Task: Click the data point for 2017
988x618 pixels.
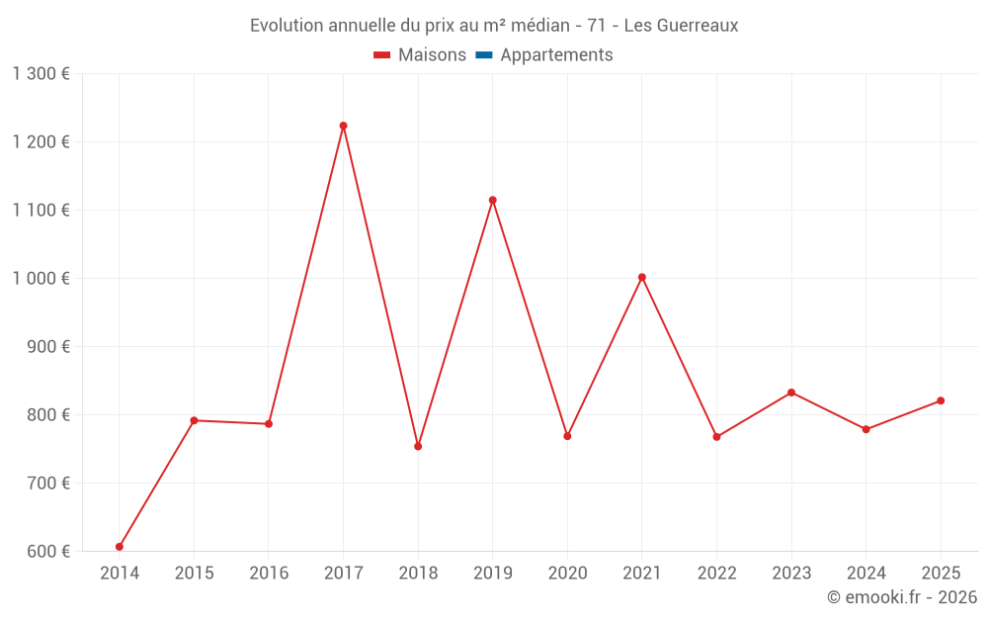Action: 343,126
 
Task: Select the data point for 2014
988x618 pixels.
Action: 120,547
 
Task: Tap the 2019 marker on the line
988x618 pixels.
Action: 492,200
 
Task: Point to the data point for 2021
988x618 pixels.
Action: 641,277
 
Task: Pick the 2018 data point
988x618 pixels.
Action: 418,446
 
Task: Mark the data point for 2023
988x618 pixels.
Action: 791,393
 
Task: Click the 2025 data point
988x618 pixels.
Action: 941,400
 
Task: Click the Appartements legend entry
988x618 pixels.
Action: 556,55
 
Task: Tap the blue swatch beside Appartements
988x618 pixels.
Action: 484,55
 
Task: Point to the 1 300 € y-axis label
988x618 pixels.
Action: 41,73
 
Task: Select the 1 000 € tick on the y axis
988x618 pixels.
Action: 41,278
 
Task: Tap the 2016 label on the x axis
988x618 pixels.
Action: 269,573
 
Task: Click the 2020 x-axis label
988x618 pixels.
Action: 567,573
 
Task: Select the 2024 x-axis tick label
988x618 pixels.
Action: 865,573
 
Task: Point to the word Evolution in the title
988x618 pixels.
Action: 288,26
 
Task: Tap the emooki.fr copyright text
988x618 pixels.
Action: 902,597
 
